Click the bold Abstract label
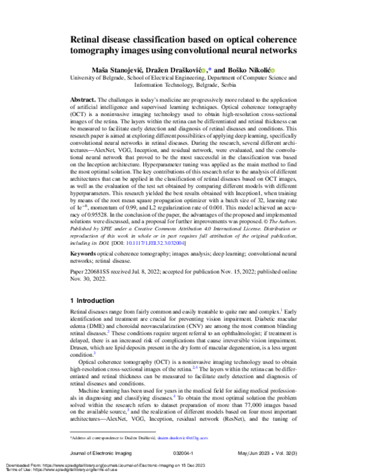[x=84, y=99]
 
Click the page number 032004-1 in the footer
[x=183, y=453]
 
